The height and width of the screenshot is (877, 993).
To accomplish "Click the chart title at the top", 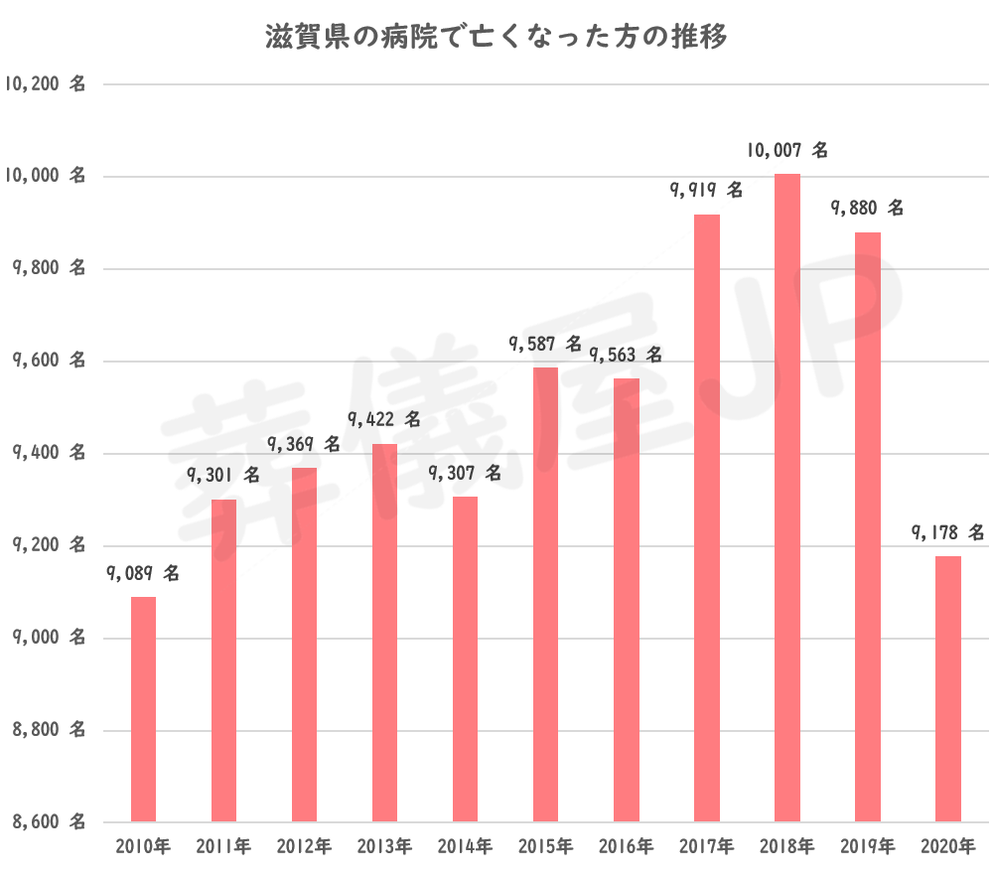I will click(496, 38).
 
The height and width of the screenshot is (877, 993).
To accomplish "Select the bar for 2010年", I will click(143, 709).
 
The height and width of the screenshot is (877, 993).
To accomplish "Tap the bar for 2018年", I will click(787, 497).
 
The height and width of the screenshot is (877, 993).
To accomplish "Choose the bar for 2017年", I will click(707, 517).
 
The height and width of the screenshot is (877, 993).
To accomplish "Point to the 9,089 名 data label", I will click(143, 573).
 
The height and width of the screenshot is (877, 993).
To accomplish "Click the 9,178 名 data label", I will click(947, 533).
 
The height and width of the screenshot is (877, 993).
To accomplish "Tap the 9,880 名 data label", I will click(867, 209).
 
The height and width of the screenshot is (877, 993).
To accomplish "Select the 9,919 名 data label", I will click(706, 190).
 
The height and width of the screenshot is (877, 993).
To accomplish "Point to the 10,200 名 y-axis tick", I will click(46, 84).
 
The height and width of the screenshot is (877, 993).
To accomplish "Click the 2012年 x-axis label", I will click(304, 847).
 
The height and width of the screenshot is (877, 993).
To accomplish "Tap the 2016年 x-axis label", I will click(626, 847).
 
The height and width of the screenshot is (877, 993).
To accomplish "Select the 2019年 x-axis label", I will click(868, 847).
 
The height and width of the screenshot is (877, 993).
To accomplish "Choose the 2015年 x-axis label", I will click(545, 847).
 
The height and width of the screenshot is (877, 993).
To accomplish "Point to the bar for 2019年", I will click(868, 526).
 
